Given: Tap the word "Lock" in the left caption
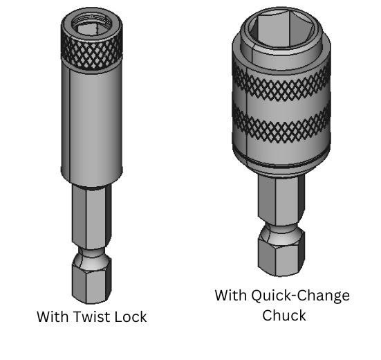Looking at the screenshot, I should point(129,316).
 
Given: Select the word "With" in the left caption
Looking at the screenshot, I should point(53,316).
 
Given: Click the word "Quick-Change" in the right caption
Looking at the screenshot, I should point(297,296).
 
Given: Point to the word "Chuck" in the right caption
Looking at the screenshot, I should point(284,315).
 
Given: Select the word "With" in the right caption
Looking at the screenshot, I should point(230,296).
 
